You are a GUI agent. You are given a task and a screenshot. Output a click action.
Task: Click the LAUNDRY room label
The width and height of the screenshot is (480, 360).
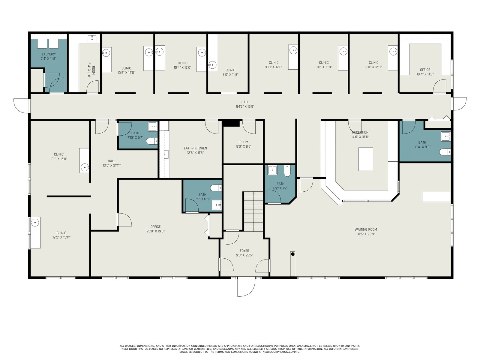(49, 54)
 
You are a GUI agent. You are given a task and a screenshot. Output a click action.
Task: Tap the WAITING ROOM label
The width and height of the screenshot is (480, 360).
(366, 229)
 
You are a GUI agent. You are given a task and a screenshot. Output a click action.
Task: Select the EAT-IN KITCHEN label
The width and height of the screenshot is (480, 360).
(195, 148)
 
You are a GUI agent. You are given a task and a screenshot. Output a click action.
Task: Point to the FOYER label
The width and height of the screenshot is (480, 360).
(244, 251)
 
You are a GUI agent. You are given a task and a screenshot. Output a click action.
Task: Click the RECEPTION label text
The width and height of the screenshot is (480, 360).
(360, 133)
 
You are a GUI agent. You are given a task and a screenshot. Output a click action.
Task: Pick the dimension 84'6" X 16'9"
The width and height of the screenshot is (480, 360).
(245, 107)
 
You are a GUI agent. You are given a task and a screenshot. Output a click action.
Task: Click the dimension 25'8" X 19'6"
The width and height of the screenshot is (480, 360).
(155, 231)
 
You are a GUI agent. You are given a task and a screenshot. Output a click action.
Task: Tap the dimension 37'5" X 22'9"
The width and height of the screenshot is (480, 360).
(366, 234)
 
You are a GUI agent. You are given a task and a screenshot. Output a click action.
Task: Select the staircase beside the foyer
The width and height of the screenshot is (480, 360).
(253, 211)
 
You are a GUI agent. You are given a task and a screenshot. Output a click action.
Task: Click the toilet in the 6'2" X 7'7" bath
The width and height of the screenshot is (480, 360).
(287, 171)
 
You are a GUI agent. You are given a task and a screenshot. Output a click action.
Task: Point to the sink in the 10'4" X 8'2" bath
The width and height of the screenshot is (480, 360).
(446, 136)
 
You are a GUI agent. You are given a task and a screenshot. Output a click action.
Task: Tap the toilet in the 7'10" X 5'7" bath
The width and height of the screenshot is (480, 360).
(151, 141)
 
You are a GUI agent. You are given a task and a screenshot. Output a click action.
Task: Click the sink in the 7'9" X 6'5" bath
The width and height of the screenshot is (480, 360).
(217, 205)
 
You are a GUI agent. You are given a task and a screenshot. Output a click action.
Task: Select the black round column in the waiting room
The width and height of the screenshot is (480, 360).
(292, 254)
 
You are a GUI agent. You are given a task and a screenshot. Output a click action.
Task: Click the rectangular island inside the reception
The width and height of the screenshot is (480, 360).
(366, 159)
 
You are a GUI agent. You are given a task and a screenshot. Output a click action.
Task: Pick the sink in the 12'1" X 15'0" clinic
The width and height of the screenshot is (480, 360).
(85, 168)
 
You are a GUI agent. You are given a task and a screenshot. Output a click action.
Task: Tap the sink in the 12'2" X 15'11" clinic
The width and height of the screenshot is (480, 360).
(35, 223)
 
